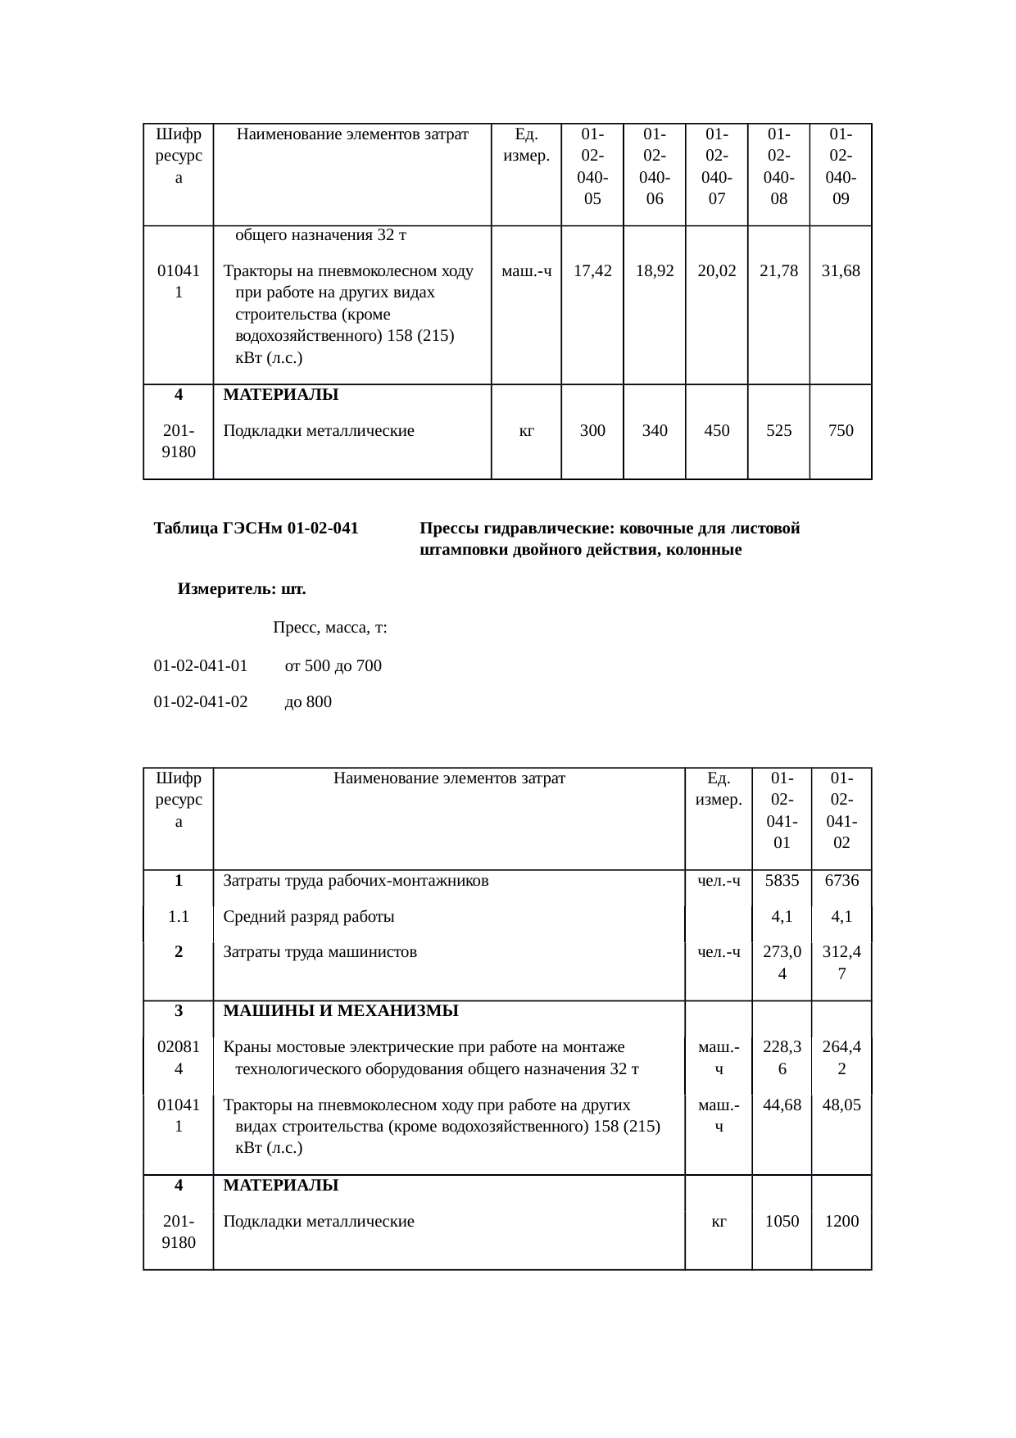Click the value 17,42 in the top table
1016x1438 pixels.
(x=592, y=271)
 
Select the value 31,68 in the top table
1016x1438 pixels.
(x=841, y=271)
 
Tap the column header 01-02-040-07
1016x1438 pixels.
(x=717, y=166)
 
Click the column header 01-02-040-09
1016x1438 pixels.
(x=841, y=166)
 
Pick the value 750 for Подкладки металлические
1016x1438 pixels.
(x=841, y=430)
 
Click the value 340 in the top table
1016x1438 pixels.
(x=655, y=430)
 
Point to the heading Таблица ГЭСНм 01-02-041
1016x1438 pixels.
(x=256, y=528)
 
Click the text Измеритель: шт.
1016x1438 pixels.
(x=242, y=589)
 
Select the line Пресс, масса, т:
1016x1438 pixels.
(x=329, y=628)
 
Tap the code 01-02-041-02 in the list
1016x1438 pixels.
(x=201, y=701)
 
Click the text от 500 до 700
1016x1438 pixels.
(x=333, y=665)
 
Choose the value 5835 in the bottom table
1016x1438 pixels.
(x=782, y=881)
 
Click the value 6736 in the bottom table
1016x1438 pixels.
(x=841, y=881)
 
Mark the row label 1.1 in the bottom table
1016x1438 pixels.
(x=179, y=917)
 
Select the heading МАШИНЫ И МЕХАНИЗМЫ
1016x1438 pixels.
(x=341, y=1011)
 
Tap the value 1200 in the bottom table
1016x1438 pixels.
(x=841, y=1222)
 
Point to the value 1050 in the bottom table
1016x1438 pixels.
(x=782, y=1222)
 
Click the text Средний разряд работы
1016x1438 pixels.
(x=309, y=917)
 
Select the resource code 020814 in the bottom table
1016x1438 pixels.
(x=179, y=1057)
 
